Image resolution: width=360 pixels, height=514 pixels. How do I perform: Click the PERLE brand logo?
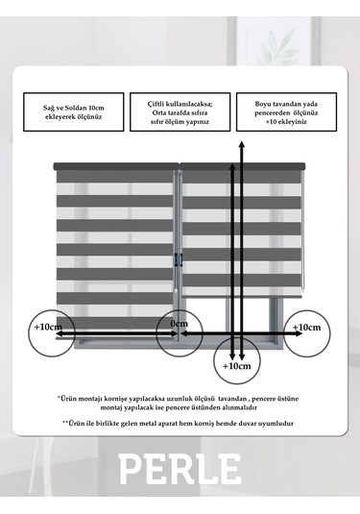pos(180,469)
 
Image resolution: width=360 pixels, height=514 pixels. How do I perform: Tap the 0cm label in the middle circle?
pos(180,324)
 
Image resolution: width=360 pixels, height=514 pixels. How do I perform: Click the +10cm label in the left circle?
pos(48,327)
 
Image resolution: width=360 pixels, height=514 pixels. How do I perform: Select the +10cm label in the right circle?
pos(306,328)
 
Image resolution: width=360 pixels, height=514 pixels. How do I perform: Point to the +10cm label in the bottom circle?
pos(236,366)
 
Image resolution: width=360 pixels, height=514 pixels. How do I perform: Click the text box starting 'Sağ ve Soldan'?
pos(74,112)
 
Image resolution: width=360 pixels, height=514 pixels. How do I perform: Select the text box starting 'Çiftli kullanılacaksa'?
pos(180,112)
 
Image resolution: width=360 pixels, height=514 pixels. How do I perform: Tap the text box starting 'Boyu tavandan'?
pos(287,112)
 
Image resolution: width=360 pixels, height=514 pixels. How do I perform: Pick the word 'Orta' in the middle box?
pos(158,112)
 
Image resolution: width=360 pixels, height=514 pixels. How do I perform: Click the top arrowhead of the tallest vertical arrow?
pos(241,144)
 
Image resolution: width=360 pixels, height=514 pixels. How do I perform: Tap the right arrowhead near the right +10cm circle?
pos(299,333)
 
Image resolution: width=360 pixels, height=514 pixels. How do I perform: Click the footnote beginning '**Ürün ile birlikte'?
pos(178,423)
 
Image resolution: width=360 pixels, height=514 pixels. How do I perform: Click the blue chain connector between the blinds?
pos(178,259)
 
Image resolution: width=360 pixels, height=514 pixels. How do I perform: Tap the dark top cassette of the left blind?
pos(116,166)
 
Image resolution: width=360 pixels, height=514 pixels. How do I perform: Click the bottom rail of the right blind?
pos(242,296)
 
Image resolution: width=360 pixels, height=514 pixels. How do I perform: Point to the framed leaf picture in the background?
pos(274,40)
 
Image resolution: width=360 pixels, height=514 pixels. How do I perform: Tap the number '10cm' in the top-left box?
pos(96,108)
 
